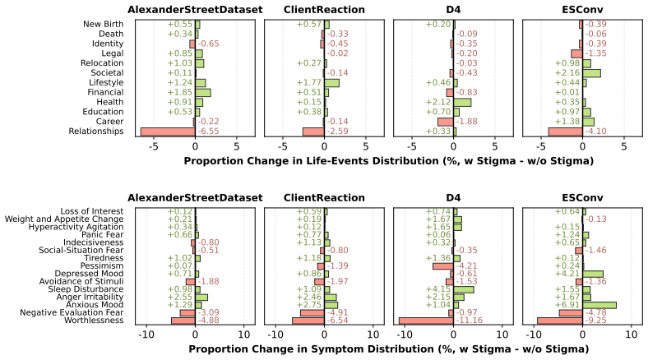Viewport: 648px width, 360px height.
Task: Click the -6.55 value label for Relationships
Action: point(208,132)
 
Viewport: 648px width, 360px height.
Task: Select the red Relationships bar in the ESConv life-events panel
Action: point(565,132)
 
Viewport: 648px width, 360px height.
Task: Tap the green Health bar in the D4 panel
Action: point(462,103)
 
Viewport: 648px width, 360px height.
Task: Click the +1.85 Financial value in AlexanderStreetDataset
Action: point(180,93)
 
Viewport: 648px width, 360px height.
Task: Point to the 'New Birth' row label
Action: point(104,25)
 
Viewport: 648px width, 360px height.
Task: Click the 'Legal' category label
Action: point(113,53)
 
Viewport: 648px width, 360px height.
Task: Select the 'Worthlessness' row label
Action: point(94,321)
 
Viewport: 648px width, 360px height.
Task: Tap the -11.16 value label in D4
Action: point(469,321)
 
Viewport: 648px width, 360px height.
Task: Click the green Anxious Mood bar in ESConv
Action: point(599,305)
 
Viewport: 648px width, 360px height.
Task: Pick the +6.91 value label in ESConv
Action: point(567,305)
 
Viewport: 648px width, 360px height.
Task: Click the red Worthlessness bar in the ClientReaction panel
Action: point(308,321)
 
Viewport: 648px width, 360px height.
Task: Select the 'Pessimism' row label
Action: point(102,265)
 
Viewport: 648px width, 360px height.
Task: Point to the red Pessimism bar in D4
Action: point(443,265)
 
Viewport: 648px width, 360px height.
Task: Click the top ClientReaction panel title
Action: point(324,10)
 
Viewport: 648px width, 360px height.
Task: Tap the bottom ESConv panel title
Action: point(582,198)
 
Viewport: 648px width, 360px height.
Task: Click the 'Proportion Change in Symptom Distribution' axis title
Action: point(388,349)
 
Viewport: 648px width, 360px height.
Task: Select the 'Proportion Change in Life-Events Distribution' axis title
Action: point(388,161)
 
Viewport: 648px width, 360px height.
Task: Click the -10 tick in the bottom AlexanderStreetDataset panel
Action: point(146,335)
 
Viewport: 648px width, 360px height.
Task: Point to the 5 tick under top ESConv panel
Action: point(624,146)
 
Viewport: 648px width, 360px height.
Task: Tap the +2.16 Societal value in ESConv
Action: point(567,73)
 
